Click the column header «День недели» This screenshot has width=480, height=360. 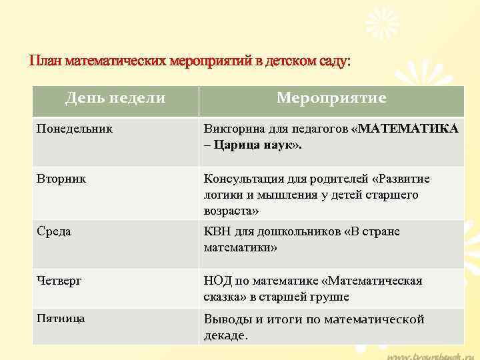click(115, 99)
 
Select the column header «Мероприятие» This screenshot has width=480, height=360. click(331, 99)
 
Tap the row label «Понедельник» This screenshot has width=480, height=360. click(75, 127)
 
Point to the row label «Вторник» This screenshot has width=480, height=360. click(61, 179)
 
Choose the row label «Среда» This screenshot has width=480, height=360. click(54, 231)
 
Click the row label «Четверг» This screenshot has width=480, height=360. click(59, 281)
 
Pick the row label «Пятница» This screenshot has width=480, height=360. click(61, 319)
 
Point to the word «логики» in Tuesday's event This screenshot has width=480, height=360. click(223, 195)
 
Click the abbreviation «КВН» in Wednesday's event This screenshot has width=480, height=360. click(217, 231)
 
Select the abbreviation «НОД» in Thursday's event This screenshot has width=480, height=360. click(217, 281)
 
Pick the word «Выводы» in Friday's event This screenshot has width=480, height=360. click(226, 319)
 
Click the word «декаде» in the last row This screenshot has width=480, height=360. click(225, 335)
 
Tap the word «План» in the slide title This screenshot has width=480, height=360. click(45, 61)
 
